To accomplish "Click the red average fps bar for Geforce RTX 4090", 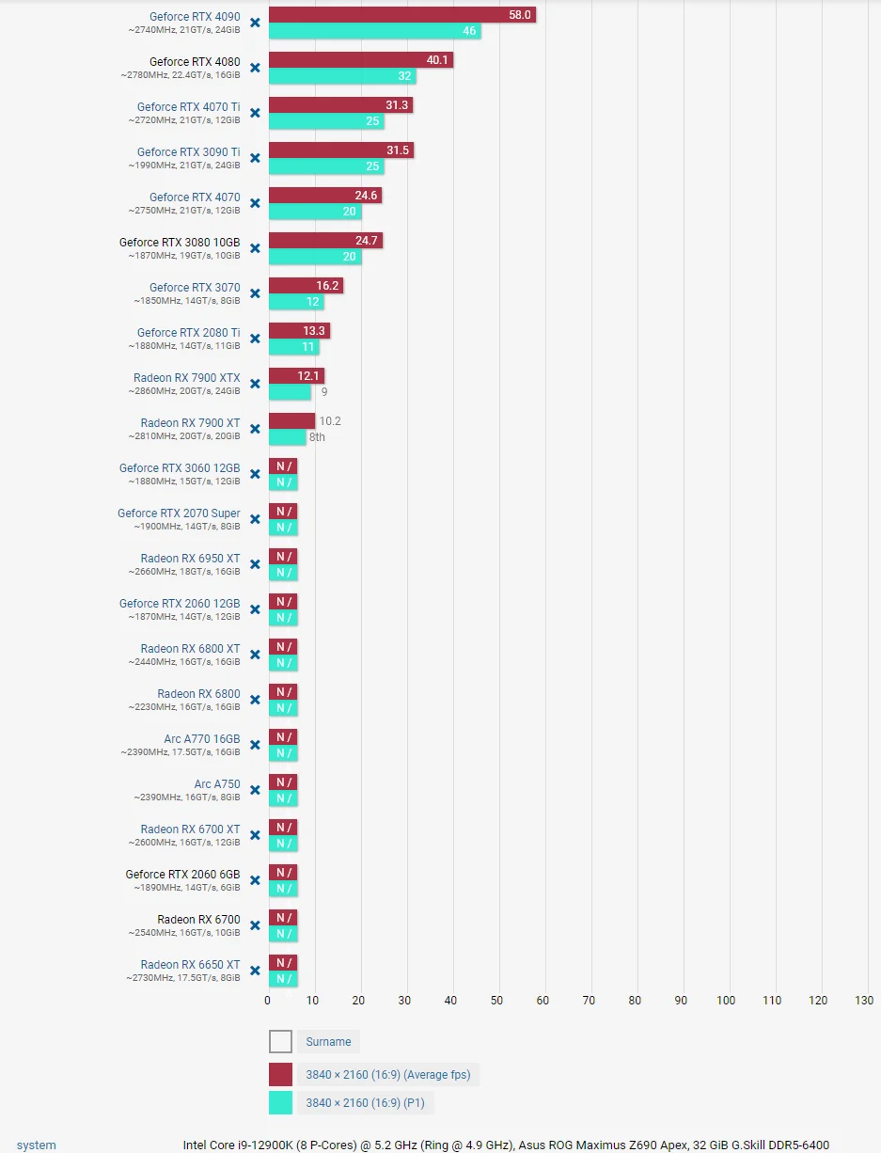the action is [x=402, y=15].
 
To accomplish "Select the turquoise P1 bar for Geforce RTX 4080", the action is [x=342, y=76].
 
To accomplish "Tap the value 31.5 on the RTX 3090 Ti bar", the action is [x=398, y=150].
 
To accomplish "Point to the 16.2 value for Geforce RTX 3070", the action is [x=327, y=286].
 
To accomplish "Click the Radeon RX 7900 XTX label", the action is [x=186, y=378].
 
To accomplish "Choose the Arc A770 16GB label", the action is [x=201, y=739].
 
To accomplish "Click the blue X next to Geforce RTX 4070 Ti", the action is [x=255, y=113].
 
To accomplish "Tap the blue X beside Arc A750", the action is [x=255, y=790].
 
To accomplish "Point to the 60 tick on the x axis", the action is [x=543, y=1000].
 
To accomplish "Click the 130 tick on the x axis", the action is [x=864, y=1000].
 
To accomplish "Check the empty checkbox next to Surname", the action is [x=280, y=1041].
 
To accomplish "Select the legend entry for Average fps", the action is [x=388, y=1074].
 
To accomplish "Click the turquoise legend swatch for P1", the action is [x=280, y=1102].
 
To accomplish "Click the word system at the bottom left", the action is [x=37, y=1145].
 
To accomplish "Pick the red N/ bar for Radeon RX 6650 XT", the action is [x=283, y=963].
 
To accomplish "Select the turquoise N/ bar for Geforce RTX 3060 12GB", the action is [x=283, y=482].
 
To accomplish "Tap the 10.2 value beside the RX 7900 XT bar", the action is [x=330, y=421].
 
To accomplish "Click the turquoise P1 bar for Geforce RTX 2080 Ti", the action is [x=293, y=347].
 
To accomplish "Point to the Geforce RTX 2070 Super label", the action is [x=179, y=513].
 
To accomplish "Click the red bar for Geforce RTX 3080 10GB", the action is [x=325, y=241].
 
